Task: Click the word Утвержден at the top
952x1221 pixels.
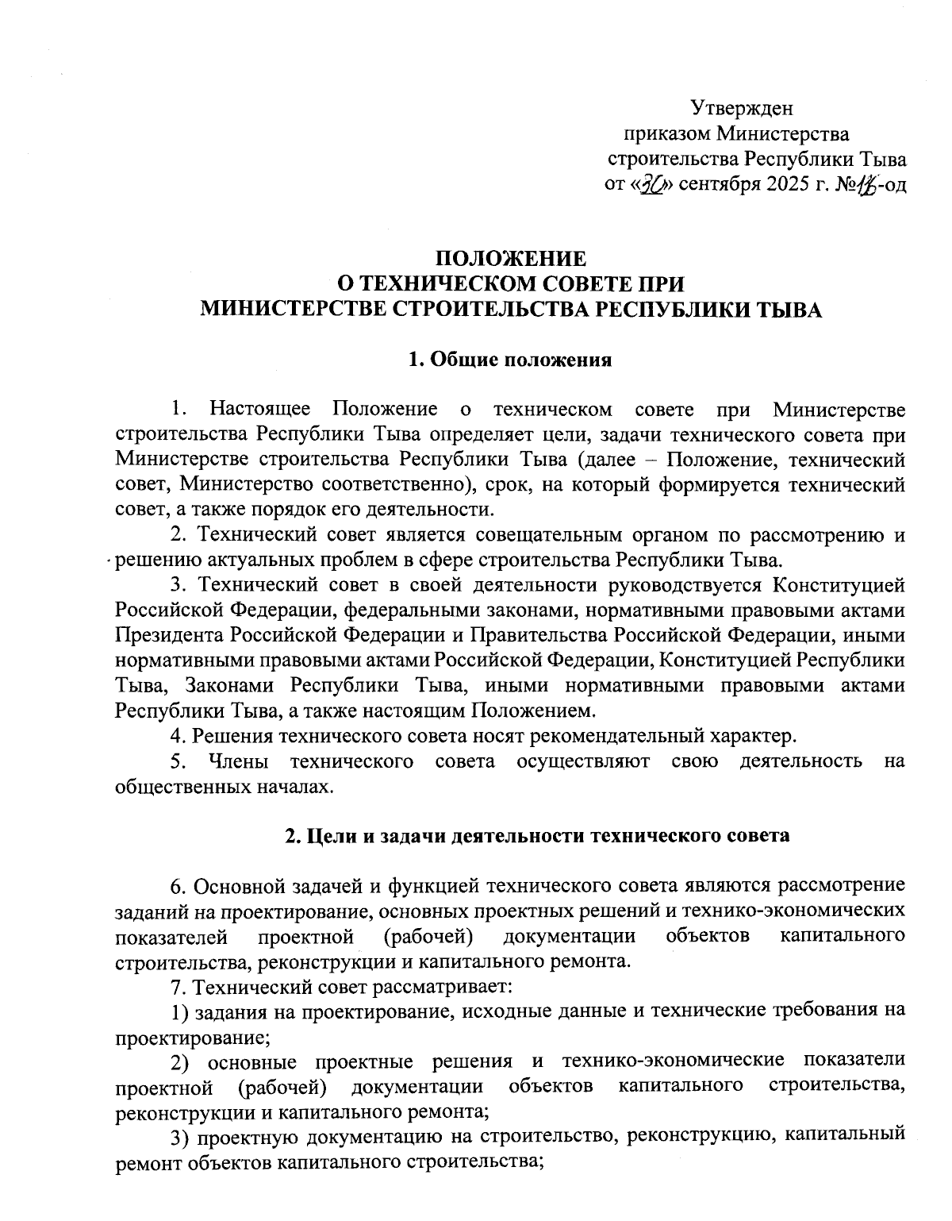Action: tap(741, 107)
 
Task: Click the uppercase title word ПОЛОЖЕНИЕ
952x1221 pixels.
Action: tap(511, 259)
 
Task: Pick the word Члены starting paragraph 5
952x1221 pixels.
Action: tap(237, 761)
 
